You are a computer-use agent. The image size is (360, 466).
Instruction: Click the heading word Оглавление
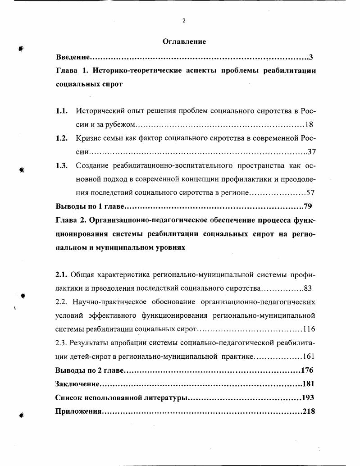(184, 41)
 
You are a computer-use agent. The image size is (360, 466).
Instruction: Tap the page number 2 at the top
(184, 20)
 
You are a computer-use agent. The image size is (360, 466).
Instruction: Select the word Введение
(72, 57)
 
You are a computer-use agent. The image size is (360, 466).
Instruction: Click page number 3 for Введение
(311, 57)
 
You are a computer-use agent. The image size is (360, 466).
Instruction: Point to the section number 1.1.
(62, 110)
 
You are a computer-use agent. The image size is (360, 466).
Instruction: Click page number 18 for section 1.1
(309, 124)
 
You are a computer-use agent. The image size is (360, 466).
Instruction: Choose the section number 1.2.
(62, 138)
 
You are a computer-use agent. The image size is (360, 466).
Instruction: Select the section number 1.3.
(62, 165)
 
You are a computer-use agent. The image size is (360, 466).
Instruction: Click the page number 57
(310, 192)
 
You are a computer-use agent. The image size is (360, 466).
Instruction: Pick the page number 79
(308, 206)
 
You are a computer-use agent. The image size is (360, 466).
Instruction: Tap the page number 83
(308, 288)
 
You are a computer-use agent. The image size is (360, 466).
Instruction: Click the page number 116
(309, 329)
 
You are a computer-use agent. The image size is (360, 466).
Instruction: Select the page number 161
(309, 356)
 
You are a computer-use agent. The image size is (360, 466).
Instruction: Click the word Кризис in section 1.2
(88, 138)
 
